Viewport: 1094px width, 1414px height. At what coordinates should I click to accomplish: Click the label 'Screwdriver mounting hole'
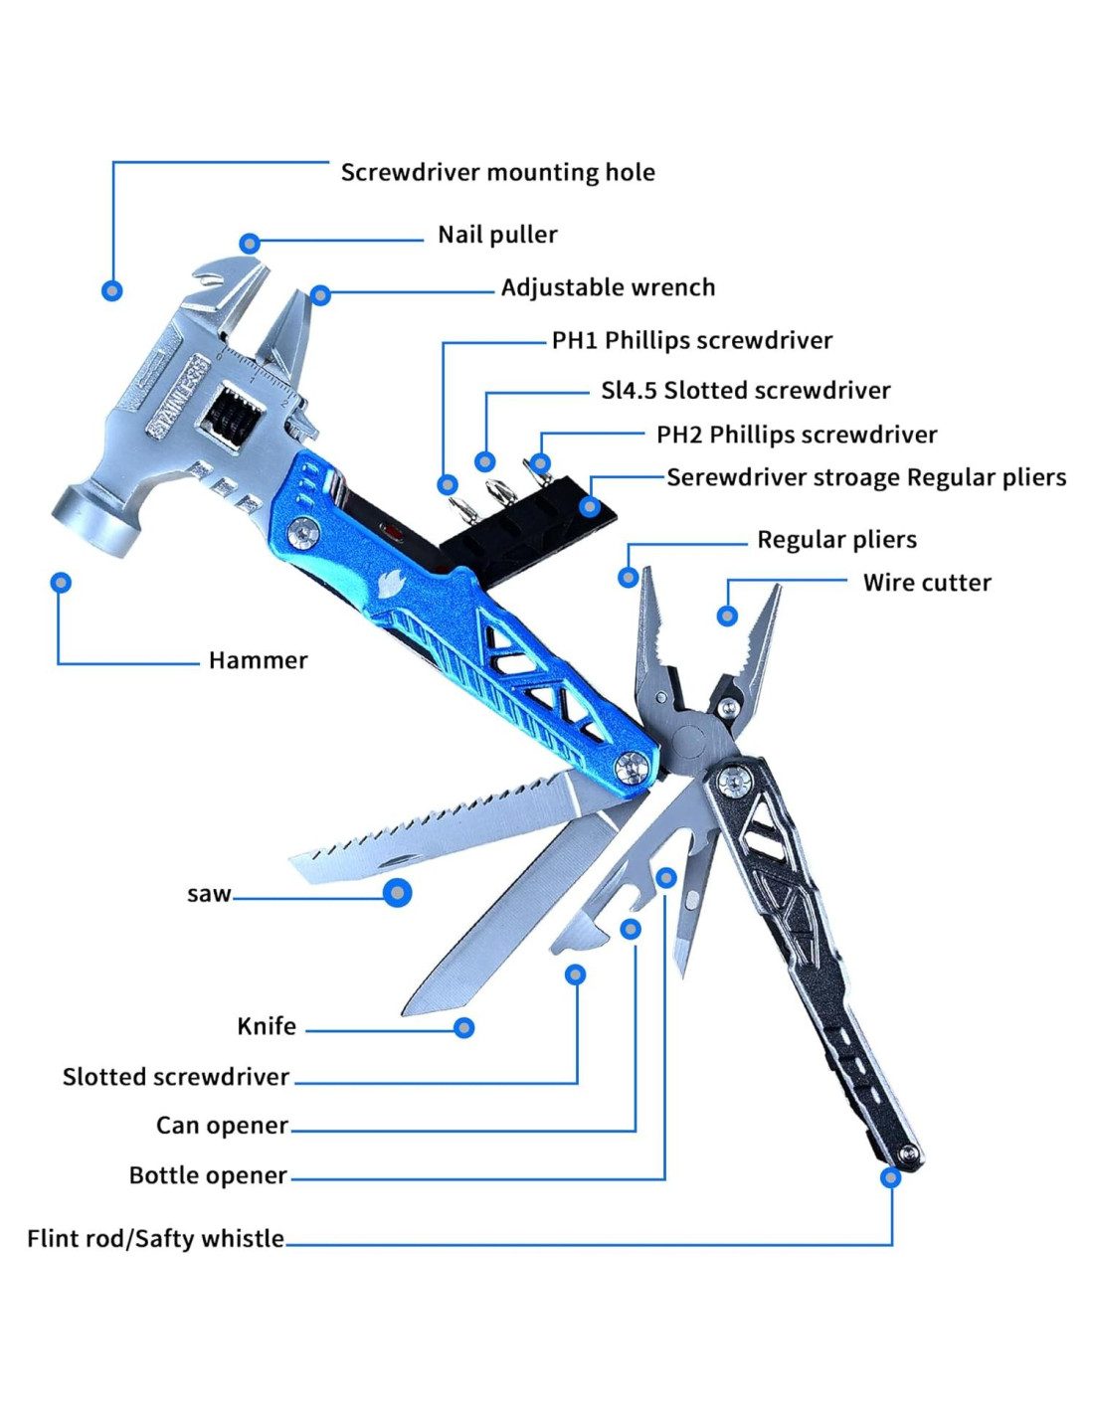[498, 172]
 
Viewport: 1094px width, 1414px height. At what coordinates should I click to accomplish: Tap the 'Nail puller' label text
[497, 235]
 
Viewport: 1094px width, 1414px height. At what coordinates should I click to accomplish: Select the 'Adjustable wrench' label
[608, 287]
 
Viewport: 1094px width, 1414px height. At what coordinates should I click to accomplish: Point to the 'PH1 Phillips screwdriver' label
[692, 340]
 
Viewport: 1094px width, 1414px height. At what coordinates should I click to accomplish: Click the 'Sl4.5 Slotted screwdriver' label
[745, 391]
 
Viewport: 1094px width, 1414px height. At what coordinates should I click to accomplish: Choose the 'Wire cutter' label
[927, 583]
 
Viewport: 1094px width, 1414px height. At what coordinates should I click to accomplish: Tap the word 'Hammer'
[258, 660]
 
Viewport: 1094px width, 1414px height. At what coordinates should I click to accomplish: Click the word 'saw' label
[208, 894]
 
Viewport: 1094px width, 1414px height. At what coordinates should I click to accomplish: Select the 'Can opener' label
[222, 1125]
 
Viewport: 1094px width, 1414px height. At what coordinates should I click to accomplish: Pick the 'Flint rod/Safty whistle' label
[155, 1238]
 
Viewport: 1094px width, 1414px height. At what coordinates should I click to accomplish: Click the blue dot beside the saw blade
[397, 893]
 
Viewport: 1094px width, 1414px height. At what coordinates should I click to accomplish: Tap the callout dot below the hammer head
[62, 583]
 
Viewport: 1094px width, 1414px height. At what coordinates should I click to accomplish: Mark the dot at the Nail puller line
[250, 244]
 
